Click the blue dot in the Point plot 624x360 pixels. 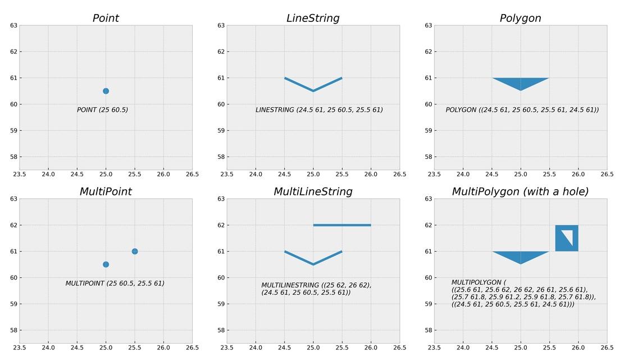pyautogui.click(x=106, y=91)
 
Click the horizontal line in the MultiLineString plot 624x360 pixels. pyautogui.click(x=342, y=225)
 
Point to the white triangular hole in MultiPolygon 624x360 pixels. pyautogui.click(x=568, y=236)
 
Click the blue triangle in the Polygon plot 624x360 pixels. pyautogui.click(x=521, y=83)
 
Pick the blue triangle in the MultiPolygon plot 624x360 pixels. pyautogui.click(x=521, y=256)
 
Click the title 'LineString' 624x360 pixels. pyautogui.click(x=313, y=19)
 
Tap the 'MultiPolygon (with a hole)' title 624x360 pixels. pyautogui.click(x=520, y=192)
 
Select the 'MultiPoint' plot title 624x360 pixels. pyautogui.click(x=106, y=192)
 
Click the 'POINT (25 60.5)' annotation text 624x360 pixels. pyautogui.click(x=102, y=110)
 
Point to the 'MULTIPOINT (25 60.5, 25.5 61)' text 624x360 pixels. pyautogui.click(x=115, y=283)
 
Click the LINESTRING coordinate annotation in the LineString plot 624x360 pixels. pyautogui.click(x=319, y=110)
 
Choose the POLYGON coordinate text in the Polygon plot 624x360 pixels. pyautogui.click(x=522, y=110)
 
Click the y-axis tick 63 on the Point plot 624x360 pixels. pyautogui.click(x=14, y=25)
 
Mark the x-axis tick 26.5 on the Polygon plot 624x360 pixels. pyautogui.click(x=607, y=174)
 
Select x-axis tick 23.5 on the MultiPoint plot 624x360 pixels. pyautogui.click(x=20, y=348)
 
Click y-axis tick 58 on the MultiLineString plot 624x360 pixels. pyautogui.click(x=221, y=330)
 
